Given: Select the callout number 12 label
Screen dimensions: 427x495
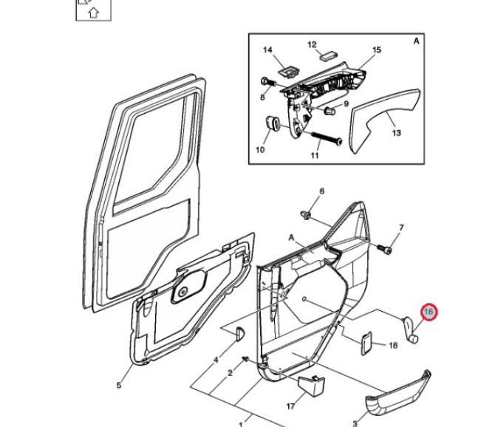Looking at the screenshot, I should click(x=312, y=44).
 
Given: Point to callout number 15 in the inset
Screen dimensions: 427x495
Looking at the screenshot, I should click(x=377, y=49).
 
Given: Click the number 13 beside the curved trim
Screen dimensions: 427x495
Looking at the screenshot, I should click(x=396, y=133).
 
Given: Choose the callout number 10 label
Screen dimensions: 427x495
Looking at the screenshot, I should click(x=260, y=150).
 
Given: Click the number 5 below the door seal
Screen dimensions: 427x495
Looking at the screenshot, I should click(x=119, y=384).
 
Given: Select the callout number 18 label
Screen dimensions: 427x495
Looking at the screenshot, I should click(x=393, y=345).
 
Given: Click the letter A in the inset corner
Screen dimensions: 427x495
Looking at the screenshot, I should click(x=416, y=41).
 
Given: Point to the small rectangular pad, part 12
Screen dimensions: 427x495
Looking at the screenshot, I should click(x=327, y=55).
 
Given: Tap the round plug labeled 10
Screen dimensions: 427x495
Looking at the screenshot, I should click(x=270, y=123).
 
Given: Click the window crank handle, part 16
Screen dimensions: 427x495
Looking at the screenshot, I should click(x=409, y=327).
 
